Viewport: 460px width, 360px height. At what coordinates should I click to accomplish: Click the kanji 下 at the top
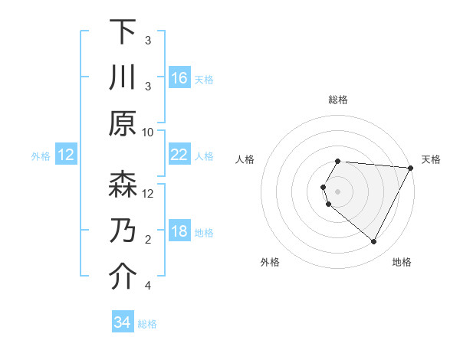tap(123, 33)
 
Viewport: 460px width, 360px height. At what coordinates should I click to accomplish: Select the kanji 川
tap(123, 78)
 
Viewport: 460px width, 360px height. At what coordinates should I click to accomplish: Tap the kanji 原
tap(123, 123)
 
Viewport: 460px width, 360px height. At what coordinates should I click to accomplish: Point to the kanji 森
tap(123, 185)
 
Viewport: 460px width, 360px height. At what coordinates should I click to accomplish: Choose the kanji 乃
tap(123, 232)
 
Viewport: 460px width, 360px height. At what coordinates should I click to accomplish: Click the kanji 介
tap(123, 277)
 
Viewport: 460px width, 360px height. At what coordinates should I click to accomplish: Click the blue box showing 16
tap(179, 78)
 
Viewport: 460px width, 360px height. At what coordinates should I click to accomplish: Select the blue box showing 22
tap(179, 155)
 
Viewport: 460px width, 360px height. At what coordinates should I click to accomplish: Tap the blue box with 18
tap(179, 232)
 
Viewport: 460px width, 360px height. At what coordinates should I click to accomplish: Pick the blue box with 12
tap(66, 155)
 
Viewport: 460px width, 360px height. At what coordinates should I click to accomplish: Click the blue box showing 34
tap(123, 322)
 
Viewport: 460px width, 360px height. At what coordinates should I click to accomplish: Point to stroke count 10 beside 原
tap(149, 132)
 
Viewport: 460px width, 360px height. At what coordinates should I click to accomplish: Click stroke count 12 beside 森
tap(149, 194)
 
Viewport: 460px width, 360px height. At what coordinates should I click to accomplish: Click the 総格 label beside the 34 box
tap(148, 324)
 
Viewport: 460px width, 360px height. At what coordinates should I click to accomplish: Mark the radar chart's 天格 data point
tap(410, 168)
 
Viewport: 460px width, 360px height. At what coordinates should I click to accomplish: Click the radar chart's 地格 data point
tap(374, 242)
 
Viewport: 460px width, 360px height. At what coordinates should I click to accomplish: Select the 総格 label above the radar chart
tap(338, 100)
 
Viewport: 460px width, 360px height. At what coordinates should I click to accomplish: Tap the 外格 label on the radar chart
tap(270, 262)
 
